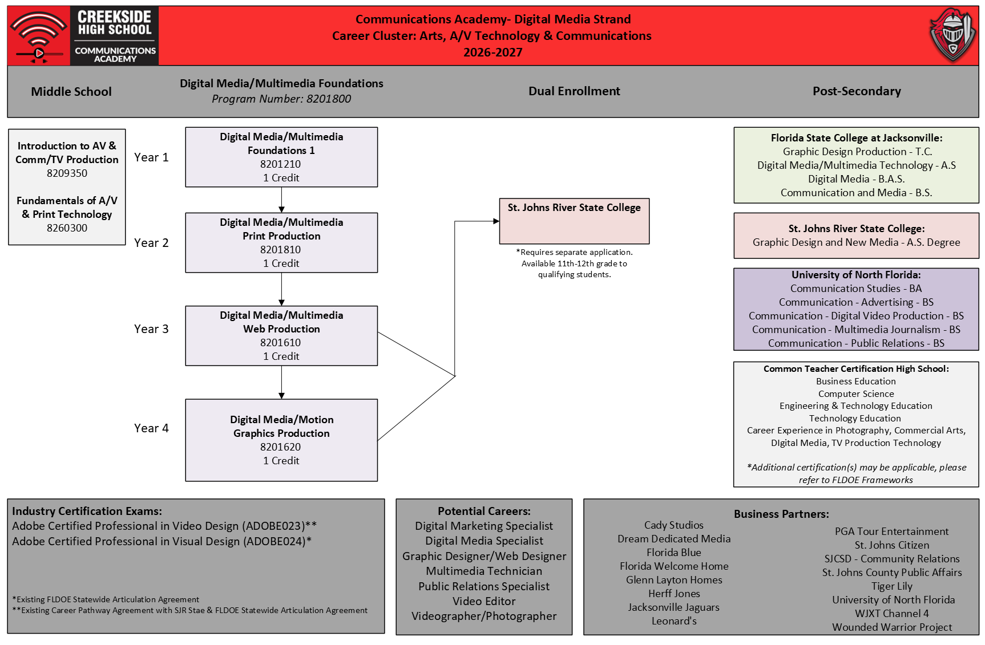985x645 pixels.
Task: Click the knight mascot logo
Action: [x=952, y=35]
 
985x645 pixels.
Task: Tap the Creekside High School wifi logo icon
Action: [x=38, y=36]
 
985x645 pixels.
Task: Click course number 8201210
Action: [x=281, y=164]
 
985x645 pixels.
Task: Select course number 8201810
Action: [x=281, y=250]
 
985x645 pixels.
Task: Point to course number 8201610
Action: [x=281, y=343]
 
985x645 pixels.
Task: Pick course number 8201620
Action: [x=281, y=447]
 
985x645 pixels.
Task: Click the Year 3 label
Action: [x=151, y=329]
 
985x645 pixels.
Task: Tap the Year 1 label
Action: [x=151, y=157]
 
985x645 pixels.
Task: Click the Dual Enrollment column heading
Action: [x=574, y=91]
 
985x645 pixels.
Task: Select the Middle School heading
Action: [x=71, y=92]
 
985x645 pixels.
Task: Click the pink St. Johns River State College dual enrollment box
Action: [x=574, y=221]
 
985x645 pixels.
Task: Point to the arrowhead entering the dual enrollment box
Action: [x=496, y=221]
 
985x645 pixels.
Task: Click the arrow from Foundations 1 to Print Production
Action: [x=281, y=200]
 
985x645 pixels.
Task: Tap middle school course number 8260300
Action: [x=67, y=228]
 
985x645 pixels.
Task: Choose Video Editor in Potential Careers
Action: [x=484, y=601]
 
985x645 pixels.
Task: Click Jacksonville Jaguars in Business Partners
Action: [x=674, y=607]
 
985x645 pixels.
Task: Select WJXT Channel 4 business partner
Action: [x=892, y=614]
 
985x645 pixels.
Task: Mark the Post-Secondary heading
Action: [x=857, y=91]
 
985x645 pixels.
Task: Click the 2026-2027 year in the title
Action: [x=493, y=52]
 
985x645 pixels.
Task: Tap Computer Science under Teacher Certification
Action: [x=856, y=394]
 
